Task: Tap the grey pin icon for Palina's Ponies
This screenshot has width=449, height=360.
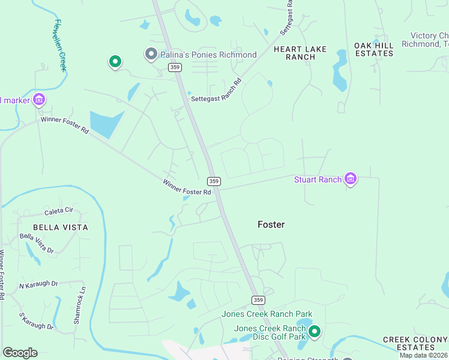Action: [151, 55]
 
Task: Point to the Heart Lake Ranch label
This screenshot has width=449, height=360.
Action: [303, 52]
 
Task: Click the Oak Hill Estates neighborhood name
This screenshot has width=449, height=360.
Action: [374, 49]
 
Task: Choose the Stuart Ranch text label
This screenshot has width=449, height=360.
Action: [318, 179]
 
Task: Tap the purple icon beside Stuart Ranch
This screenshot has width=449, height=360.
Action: [351, 179]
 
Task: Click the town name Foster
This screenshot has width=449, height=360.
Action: [271, 224]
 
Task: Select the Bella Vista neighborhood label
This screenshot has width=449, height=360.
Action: [60, 227]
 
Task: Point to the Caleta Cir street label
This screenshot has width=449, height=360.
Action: [59, 211]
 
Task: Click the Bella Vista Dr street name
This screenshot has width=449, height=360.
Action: [37, 243]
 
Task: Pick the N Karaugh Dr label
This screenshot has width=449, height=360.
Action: [38, 284]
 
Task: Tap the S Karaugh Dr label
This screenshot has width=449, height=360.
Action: [37, 321]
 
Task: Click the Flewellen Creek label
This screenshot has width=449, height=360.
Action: [60, 45]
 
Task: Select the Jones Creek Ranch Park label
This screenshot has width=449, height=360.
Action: [267, 314]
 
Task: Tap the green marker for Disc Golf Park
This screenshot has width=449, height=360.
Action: [314, 331]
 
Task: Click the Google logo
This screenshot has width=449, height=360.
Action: [20, 353]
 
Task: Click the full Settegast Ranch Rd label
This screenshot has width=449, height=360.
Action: [216, 91]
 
